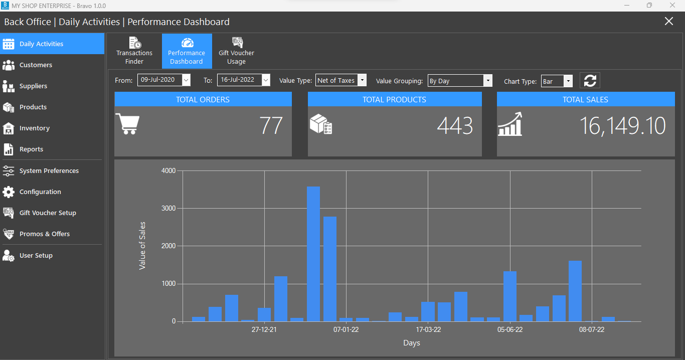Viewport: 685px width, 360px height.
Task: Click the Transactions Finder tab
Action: (134, 51)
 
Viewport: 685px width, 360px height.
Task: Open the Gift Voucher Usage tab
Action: (236, 51)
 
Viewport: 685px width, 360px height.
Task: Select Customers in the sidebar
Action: (36, 65)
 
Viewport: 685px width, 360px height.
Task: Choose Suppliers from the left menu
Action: (33, 86)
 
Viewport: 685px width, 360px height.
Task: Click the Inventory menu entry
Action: (34, 128)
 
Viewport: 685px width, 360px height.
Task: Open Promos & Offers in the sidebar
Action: (44, 234)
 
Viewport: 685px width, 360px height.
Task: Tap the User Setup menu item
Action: (36, 256)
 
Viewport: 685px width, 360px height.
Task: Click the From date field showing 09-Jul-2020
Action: (160, 80)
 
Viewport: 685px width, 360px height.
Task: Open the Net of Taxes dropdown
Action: (340, 80)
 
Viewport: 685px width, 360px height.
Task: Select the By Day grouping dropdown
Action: (459, 81)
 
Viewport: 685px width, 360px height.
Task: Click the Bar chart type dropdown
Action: (556, 81)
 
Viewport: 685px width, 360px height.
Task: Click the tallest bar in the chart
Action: (313, 254)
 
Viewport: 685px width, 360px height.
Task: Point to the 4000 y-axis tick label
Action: (168, 171)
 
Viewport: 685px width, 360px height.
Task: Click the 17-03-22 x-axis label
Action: (428, 329)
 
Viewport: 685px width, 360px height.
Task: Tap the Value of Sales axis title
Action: (142, 246)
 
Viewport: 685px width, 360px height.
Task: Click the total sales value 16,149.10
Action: (622, 126)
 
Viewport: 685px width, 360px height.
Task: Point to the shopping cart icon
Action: (127, 123)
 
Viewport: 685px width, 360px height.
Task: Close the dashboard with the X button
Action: (668, 21)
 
